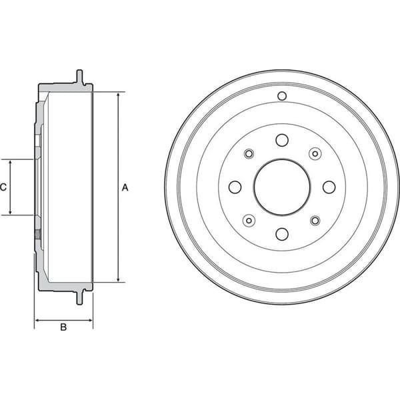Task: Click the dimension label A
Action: (x=125, y=187)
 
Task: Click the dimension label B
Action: (x=63, y=327)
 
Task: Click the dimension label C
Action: (x=3, y=187)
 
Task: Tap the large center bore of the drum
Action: (x=281, y=187)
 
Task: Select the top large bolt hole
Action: (x=281, y=140)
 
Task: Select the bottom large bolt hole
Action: (x=281, y=233)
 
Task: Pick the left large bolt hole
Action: (x=235, y=187)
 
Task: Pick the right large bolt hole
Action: (x=328, y=187)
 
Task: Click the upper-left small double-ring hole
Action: (x=249, y=154)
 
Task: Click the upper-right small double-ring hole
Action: (x=314, y=154)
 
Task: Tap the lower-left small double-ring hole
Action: (x=249, y=220)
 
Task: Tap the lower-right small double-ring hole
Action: (x=314, y=220)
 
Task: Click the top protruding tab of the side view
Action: (x=81, y=76)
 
